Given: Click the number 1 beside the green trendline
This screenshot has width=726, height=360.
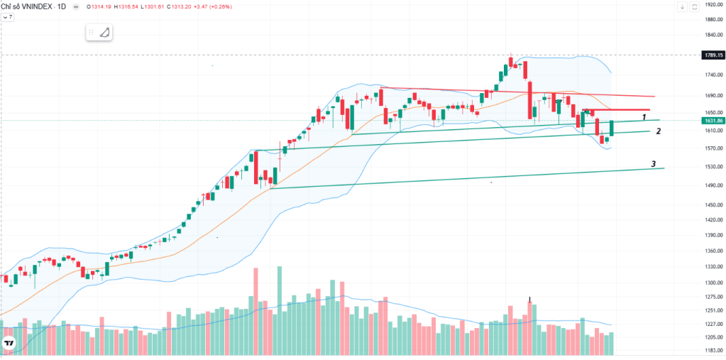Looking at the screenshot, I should [644, 116].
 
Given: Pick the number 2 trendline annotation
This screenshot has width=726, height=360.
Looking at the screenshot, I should [658, 131].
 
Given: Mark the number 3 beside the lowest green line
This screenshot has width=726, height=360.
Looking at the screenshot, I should [653, 164].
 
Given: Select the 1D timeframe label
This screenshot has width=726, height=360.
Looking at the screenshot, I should [61, 6].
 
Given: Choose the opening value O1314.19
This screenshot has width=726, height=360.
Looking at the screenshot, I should [98, 6].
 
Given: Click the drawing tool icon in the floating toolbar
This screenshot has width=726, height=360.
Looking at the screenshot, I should [104, 32].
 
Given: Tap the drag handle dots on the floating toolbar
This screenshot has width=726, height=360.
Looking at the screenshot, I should [91, 32].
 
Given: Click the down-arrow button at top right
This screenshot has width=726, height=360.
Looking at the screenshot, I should [681, 6].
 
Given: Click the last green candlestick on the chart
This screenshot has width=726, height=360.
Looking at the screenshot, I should [611, 128].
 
